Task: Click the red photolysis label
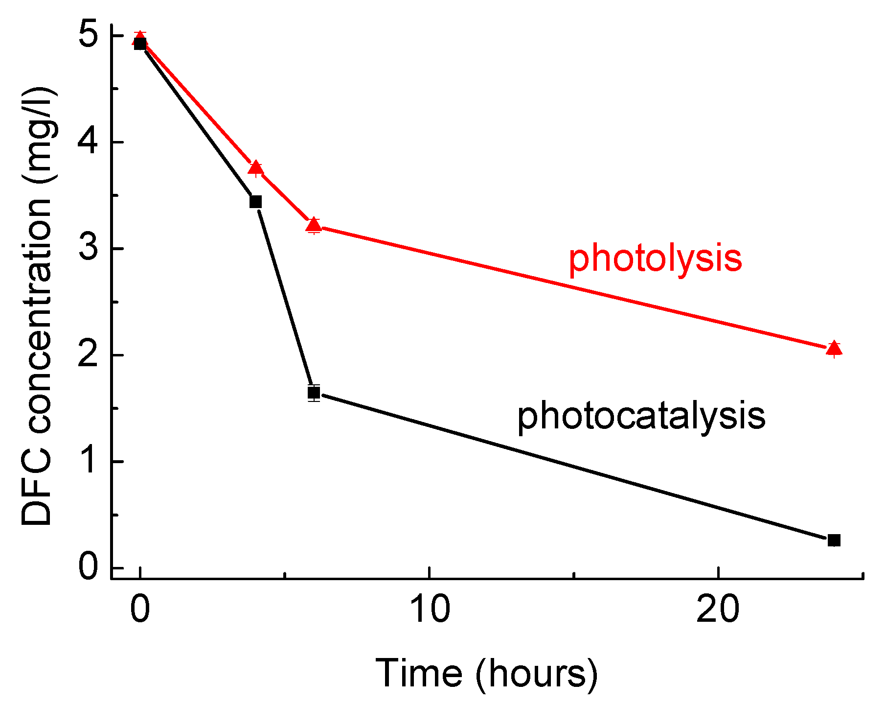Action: tap(655, 259)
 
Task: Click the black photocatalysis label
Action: tap(641, 416)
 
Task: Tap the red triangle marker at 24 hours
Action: tap(834, 349)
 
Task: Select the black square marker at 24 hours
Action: tap(834, 540)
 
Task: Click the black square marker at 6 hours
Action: tap(314, 393)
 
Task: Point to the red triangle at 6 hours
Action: tap(314, 225)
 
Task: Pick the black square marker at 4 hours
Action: tap(255, 202)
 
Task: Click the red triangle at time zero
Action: tap(140, 38)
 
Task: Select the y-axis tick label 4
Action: tap(88, 142)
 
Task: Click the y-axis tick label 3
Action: tap(88, 249)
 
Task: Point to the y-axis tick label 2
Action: tap(88, 355)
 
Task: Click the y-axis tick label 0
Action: tap(88, 567)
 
